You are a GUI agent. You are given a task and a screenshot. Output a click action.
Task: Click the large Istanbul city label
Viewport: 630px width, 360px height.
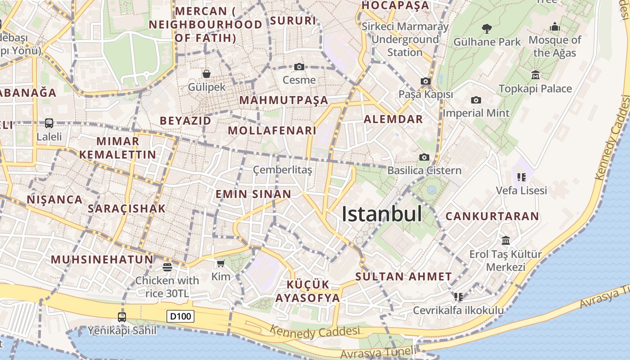coord(382,214)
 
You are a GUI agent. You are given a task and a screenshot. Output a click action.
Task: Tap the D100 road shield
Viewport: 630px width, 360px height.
coord(180,316)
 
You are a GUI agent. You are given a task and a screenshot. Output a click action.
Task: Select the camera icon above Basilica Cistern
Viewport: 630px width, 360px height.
coord(424,157)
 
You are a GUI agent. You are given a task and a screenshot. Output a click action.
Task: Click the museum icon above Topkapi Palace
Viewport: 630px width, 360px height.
coord(535,75)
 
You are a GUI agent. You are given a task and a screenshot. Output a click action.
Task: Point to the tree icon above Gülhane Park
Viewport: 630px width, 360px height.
coord(486,29)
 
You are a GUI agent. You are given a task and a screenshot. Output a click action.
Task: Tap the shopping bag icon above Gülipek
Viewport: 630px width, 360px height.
coord(207,73)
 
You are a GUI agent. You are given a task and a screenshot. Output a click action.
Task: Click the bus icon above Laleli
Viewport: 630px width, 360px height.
coord(49,123)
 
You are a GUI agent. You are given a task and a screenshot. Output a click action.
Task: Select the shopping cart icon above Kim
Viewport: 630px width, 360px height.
coord(220,263)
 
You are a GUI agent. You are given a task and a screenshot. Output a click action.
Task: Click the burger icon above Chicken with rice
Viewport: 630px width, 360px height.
coord(167,267)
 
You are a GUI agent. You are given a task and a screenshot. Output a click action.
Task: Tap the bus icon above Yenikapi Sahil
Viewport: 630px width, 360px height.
coord(122,317)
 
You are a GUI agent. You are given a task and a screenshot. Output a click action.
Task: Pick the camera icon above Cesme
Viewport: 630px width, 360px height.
coord(299,67)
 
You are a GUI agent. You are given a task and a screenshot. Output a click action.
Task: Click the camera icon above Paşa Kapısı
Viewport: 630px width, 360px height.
coord(425,81)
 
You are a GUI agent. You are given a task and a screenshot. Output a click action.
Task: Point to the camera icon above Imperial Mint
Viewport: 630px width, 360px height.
coord(476,100)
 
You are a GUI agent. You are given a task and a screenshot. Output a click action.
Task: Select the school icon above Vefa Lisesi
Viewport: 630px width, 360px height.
coord(522,177)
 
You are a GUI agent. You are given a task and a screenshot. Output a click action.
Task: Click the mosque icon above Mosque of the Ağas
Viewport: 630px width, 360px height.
coord(554,27)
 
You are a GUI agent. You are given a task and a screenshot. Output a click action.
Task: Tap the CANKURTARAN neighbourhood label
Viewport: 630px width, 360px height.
coord(492,216)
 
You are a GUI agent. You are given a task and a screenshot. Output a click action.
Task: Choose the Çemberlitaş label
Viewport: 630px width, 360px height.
coord(282,170)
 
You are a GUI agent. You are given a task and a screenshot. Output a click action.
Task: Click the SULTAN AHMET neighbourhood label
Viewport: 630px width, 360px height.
coord(403,277)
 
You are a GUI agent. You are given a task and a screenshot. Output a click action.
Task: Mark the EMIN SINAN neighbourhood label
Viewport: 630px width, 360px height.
coord(253,194)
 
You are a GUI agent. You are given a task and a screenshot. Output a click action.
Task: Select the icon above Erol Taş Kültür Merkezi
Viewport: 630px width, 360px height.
coord(506,241)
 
